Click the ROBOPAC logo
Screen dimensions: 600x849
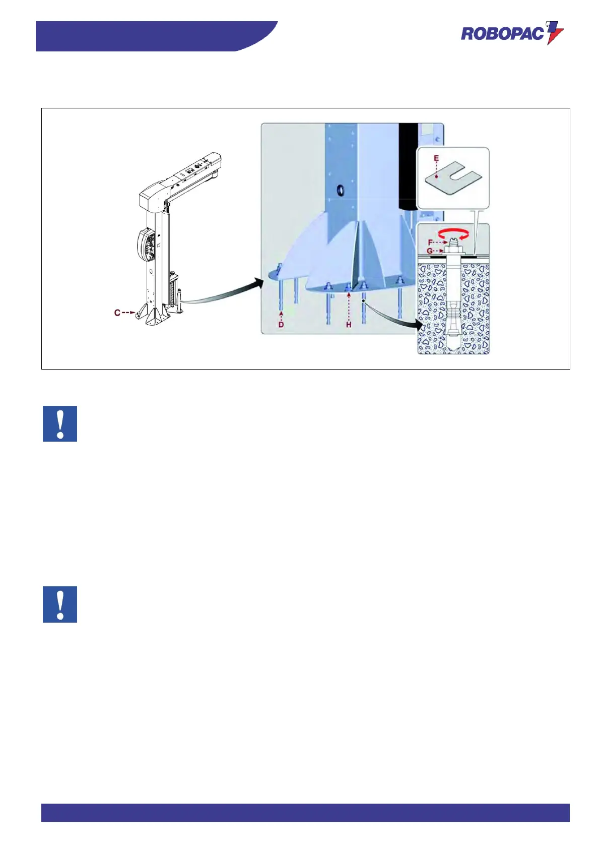click(512, 33)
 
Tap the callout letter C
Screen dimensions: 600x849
click(117, 313)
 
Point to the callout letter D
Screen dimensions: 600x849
click(281, 325)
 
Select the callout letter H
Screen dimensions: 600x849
click(349, 325)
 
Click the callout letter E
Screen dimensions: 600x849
click(436, 158)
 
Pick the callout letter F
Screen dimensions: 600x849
click(430, 242)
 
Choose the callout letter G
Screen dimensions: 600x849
click(430, 251)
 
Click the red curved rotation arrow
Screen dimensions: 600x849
click(455, 233)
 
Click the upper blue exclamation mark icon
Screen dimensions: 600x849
click(60, 423)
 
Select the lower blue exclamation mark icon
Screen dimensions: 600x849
click(60, 604)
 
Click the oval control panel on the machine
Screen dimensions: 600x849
click(146, 246)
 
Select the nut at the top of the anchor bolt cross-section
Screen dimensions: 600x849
click(453, 249)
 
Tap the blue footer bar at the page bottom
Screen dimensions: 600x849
click(305, 812)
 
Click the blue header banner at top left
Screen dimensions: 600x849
click(151, 36)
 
